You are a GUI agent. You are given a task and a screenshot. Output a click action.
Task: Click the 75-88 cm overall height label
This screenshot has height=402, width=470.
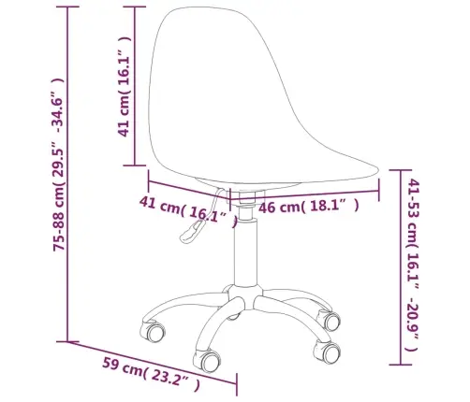coord(58,165)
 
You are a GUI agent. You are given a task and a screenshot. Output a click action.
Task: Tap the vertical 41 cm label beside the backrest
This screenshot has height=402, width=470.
coord(125,87)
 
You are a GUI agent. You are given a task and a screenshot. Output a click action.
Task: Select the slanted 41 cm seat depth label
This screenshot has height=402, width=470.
coord(188,211)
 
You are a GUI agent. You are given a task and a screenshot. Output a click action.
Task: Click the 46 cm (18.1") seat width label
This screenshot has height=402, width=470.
coord(309,206)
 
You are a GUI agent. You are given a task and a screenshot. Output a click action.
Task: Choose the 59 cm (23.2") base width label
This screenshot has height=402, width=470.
coord(151,375)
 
